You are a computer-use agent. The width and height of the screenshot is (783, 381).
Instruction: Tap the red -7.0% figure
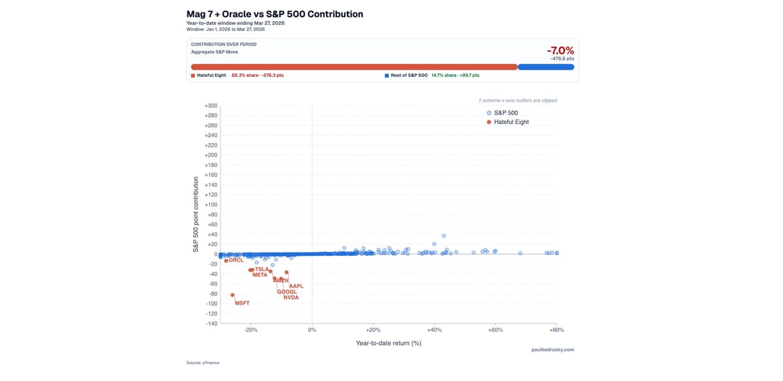click(560, 50)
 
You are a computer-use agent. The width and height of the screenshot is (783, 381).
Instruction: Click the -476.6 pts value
click(562, 59)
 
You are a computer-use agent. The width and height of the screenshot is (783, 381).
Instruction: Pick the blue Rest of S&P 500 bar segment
click(545, 67)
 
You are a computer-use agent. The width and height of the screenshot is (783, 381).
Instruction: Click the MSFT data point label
click(242, 303)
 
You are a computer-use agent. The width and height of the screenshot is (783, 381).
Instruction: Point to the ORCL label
click(236, 260)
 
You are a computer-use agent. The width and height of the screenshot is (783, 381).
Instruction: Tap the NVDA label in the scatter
click(291, 297)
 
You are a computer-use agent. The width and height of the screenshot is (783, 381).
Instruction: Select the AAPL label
click(296, 286)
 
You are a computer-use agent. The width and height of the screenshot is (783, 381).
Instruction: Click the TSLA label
click(262, 269)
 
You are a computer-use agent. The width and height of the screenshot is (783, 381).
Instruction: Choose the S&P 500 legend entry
click(506, 113)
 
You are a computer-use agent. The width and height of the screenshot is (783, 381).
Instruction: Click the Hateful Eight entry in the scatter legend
click(511, 122)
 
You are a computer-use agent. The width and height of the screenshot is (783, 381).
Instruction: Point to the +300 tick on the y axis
click(211, 106)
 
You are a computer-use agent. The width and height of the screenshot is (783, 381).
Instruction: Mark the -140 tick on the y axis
click(211, 324)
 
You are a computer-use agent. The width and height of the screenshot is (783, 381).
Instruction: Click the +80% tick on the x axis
click(556, 330)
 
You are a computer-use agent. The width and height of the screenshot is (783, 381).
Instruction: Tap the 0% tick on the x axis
click(312, 330)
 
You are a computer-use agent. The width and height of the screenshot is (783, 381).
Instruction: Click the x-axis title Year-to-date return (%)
click(388, 343)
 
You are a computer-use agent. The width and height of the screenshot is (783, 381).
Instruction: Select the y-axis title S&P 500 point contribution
click(195, 214)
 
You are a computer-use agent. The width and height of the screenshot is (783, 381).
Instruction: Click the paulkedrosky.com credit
click(553, 350)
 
